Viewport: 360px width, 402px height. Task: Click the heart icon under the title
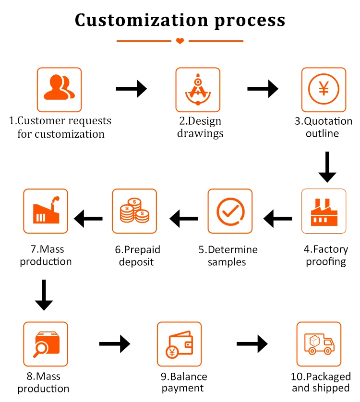180,41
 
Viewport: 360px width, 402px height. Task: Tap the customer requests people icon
60,90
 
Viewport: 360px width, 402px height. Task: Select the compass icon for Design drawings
198,90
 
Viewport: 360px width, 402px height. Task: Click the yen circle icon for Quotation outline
324,90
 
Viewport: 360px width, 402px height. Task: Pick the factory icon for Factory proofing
324,211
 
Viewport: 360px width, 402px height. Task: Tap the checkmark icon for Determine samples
230,211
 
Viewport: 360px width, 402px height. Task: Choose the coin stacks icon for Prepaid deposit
134,211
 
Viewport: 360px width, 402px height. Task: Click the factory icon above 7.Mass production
46,211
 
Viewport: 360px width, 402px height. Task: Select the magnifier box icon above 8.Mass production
46,343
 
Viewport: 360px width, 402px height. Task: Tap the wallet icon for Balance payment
180,343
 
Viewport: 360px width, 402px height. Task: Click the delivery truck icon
319,343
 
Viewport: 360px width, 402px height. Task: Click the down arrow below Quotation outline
327,167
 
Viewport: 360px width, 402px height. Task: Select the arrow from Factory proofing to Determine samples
278,219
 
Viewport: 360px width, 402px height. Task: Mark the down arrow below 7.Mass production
44,295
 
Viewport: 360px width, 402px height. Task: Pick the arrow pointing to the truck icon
252,343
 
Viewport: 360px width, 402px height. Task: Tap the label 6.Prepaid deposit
137,256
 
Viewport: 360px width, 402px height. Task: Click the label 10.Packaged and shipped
321,382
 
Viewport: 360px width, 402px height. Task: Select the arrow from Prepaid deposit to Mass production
88,219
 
